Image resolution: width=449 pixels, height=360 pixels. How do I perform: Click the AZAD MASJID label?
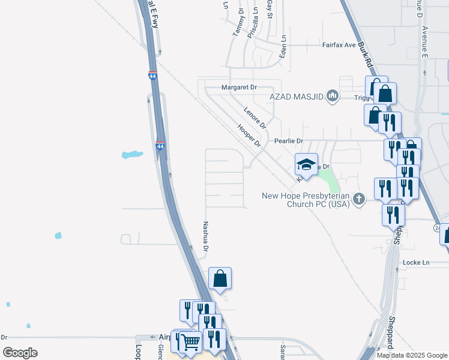(x=296, y=96)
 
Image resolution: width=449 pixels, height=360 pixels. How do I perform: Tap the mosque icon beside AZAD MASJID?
(x=333, y=96)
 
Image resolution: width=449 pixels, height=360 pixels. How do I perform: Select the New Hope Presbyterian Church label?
(x=306, y=200)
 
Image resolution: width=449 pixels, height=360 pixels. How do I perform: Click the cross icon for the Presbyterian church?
(x=358, y=199)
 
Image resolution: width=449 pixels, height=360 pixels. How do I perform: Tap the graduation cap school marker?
(x=306, y=164)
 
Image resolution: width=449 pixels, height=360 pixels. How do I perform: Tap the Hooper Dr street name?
(x=249, y=136)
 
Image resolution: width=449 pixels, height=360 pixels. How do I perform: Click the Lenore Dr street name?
(x=255, y=118)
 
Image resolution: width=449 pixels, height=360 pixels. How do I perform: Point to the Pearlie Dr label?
(x=289, y=141)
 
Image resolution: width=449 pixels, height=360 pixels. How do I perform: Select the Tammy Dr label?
(x=238, y=23)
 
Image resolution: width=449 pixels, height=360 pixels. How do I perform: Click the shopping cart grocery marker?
(x=191, y=342)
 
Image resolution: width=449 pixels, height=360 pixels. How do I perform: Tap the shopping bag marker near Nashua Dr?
(x=220, y=278)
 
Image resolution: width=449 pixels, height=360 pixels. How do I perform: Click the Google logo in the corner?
(x=20, y=353)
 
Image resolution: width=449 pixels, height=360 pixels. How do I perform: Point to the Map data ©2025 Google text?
(x=412, y=355)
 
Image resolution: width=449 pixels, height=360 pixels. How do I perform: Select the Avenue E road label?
(x=424, y=42)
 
